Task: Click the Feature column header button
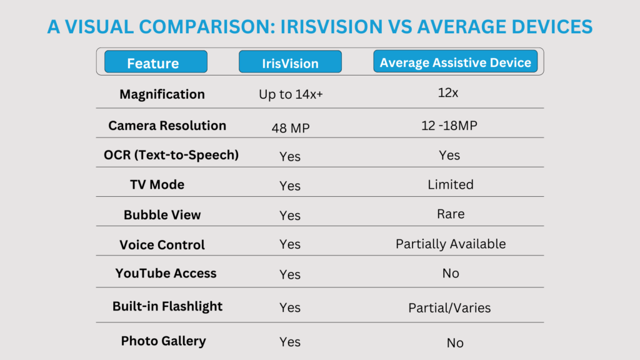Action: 156,62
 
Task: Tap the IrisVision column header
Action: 290,62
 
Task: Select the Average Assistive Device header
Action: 455,61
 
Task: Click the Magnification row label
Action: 162,94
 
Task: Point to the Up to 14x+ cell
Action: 291,94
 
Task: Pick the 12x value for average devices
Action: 447,93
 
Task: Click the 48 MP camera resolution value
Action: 291,128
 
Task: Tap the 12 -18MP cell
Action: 449,125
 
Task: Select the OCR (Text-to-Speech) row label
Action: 171,155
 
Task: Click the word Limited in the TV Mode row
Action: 451,184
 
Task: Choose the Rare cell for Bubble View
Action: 451,214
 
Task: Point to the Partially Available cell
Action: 451,244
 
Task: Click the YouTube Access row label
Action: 166,273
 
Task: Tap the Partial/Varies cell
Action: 449,307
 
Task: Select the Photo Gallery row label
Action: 163,341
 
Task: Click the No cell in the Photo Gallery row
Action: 455,343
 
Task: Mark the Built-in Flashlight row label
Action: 167,306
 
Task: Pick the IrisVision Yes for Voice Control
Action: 290,244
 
